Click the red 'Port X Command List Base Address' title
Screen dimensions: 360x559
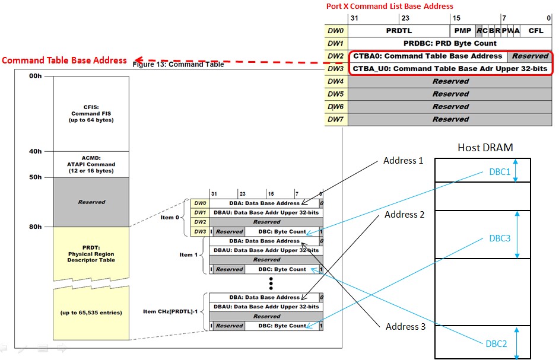pyautogui.click(x=389, y=7)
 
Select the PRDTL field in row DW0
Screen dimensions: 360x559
pyautogui.click(x=399, y=30)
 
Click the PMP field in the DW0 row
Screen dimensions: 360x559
pyautogui.click(x=462, y=30)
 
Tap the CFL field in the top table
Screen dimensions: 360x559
pyautogui.click(x=536, y=30)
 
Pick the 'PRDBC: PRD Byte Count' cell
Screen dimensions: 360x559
pyautogui.click(x=450, y=43)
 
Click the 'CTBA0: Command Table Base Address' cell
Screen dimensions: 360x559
pyautogui.click(x=427, y=56)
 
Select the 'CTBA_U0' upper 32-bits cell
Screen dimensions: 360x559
pyautogui.click(x=450, y=69)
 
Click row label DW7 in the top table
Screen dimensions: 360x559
pyautogui.click(x=336, y=119)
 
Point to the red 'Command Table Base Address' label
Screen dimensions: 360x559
pyautogui.click(x=64, y=60)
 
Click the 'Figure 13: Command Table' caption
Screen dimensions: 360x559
pyautogui.click(x=178, y=65)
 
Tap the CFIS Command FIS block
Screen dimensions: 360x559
pyautogui.click(x=91, y=113)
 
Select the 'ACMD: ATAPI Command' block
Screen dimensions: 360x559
pyautogui.click(x=91, y=164)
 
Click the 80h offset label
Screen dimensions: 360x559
pyautogui.click(x=36, y=227)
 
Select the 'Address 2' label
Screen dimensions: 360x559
pyautogui.click(x=404, y=215)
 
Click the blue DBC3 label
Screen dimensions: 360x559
pyautogui.click(x=499, y=238)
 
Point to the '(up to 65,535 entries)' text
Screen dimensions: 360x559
pyautogui.click(x=91, y=313)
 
